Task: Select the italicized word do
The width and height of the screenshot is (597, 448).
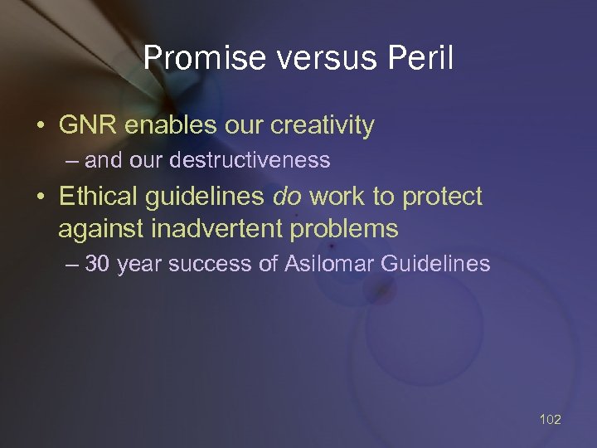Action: (x=288, y=197)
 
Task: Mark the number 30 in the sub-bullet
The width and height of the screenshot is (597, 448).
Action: (x=98, y=265)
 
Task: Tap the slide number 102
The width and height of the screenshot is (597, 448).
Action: (x=550, y=419)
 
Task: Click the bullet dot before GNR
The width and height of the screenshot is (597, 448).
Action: (x=40, y=126)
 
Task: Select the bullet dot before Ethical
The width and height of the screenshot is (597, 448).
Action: (x=40, y=197)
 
